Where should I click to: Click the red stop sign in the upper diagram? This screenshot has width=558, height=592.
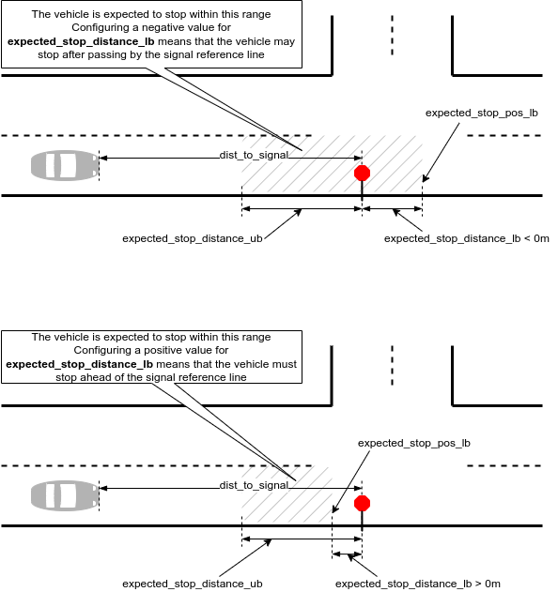pyautogui.click(x=362, y=174)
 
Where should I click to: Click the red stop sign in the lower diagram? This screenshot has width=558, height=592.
pyautogui.click(x=362, y=503)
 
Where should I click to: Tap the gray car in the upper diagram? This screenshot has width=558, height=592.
pyautogui.click(x=65, y=165)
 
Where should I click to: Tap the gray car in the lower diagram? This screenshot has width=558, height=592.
pyautogui.click(x=65, y=495)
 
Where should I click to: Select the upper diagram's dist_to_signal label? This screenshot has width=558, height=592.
pyautogui.click(x=254, y=155)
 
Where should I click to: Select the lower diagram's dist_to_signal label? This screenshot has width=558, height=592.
pyautogui.click(x=254, y=485)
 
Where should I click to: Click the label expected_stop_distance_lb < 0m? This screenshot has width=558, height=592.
pyautogui.click(x=467, y=238)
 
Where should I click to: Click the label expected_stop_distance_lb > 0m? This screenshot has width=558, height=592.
pyautogui.click(x=418, y=584)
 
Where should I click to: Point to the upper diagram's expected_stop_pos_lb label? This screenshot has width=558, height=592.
pyautogui.click(x=482, y=113)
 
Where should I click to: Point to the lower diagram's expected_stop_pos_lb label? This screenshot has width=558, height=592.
pyautogui.click(x=414, y=443)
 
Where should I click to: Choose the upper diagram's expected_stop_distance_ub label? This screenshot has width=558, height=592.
pyautogui.click(x=193, y=238)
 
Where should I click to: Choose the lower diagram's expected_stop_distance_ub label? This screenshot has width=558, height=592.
pyautogui.click(x=193, y=584)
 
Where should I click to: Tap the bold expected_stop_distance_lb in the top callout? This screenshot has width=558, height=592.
pyautogui.click(x=81, y=41)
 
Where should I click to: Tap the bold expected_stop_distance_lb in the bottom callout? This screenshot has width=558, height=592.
pyautogui.click(x=80, y=364)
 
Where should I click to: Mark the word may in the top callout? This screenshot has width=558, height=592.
pyautogui.click(x=285, y=42)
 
